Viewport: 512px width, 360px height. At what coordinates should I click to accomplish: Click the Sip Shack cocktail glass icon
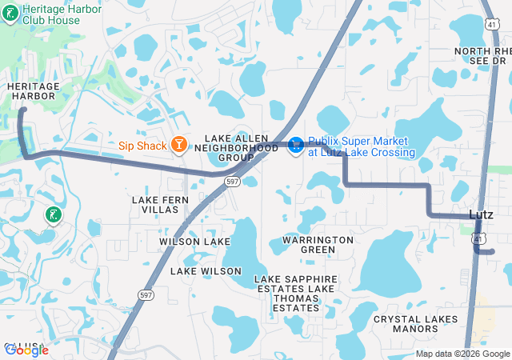click(x=180, y=145)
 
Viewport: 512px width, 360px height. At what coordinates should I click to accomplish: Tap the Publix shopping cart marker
click(x=295, y=145)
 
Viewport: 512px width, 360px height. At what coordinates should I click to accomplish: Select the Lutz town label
click(x=481, y=214)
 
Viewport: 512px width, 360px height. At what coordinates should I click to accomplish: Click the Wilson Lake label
click(x=194, y=241)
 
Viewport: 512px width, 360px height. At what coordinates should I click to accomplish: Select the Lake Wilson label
click(x=206, y=271)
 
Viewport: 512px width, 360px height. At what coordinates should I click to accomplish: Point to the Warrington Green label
click(x=318, y=244)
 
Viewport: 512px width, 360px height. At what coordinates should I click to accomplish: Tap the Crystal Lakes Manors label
click(x=417, y=323)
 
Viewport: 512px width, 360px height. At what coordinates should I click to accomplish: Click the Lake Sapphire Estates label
click(x=294, y=278)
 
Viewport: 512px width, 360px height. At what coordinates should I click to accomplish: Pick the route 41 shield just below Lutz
click(x=478, y=238)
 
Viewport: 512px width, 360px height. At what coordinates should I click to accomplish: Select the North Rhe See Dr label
click(x=482, y=55)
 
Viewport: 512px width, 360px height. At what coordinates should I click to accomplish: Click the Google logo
click(x=26, y=350)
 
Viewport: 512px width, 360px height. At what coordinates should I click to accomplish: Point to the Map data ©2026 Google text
click(x=462, y=354)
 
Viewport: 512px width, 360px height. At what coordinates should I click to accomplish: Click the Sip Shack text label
click(x=142, y=146)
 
